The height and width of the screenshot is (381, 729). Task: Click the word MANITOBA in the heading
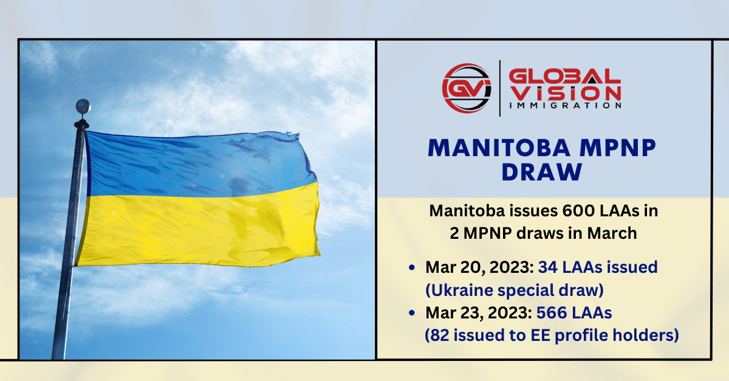coord(494,149)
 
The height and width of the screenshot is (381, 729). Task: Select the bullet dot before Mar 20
coord(413,267)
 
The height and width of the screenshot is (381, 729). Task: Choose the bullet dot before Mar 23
coord(413,313)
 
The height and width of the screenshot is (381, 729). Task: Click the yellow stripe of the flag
coord(200,228)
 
